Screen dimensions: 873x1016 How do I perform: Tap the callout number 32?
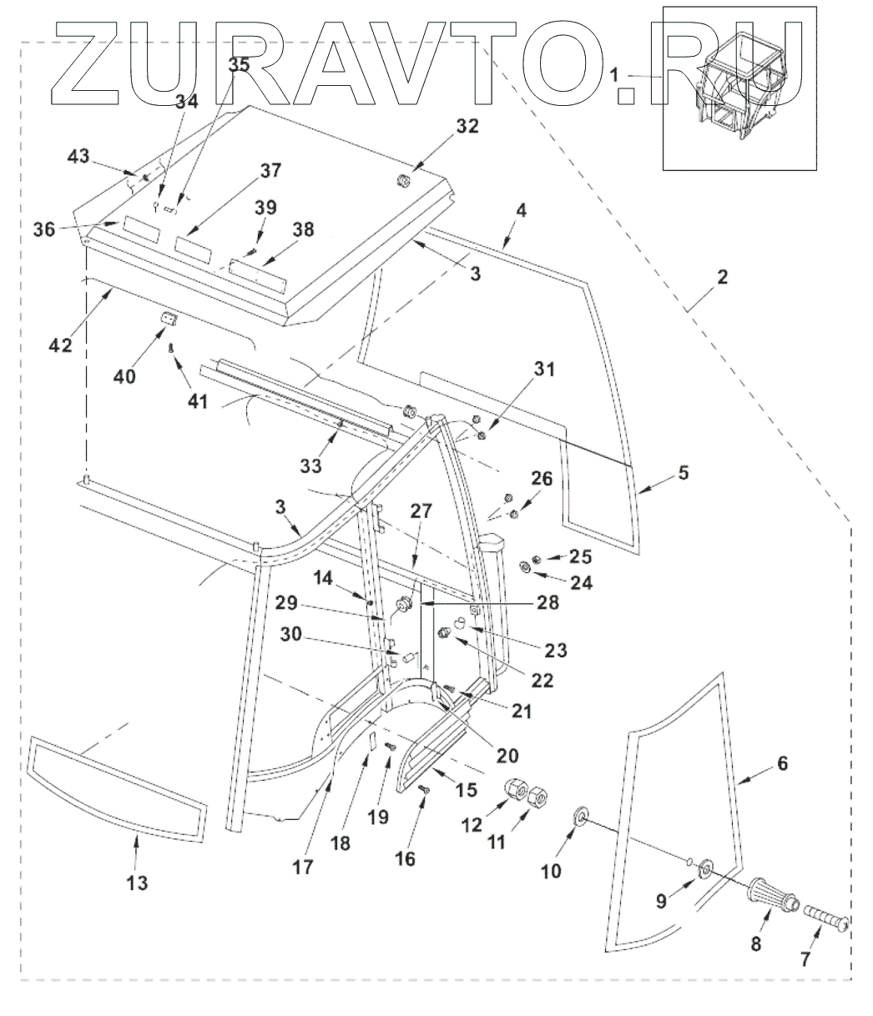[x=467, y=126]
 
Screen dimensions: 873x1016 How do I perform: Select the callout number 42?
[x=60, y=345]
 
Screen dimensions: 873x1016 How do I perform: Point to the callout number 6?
[x=783, y=763]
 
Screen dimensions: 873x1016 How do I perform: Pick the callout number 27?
[x=421, y=511]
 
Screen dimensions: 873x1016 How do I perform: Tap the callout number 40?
[x=124, y=376]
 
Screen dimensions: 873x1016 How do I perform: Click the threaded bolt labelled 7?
[x=826, y=918]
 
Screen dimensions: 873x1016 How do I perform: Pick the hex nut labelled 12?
[x=516, y=789]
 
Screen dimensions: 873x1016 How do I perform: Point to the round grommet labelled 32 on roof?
[x=404, y=181]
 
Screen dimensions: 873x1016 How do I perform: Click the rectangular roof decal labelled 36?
[x=141, y=229]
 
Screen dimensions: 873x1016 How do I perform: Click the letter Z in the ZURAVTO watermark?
[x=85, y=63]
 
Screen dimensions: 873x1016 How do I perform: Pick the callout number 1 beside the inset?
[x=614, y=75]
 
